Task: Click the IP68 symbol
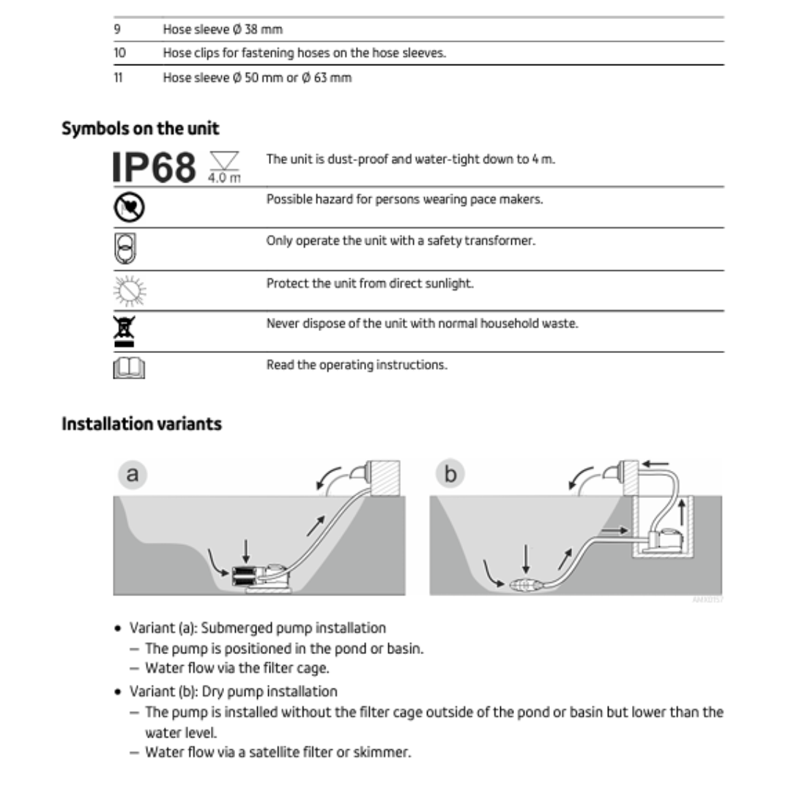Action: (155, 166)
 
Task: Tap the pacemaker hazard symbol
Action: (128, 207)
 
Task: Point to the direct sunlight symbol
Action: (130, 291)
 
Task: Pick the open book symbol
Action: (129, 369)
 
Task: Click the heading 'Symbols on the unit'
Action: (140, 128)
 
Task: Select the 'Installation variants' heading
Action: (141, 424)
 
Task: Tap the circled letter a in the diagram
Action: (132, 475)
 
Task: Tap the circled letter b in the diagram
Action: (450, 475)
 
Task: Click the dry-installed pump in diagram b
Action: (668, 538)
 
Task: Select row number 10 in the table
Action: (119, 53)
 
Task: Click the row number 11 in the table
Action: (118, 78)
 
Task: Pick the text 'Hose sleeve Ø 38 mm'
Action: (222, 29)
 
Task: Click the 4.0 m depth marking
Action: (225, 179)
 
